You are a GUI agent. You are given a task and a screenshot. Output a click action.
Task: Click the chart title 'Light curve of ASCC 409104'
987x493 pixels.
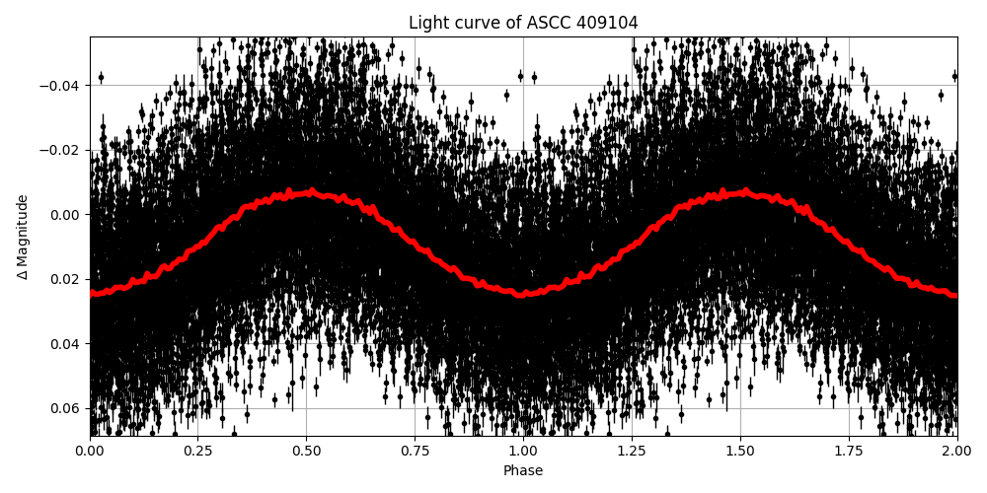pos(523,23)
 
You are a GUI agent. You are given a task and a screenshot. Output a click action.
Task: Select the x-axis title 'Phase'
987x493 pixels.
pos(523,471)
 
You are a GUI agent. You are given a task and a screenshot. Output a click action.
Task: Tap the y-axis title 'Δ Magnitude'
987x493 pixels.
pos(23,237)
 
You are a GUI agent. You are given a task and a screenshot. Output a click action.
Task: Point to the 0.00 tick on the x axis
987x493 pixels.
pos(90,452)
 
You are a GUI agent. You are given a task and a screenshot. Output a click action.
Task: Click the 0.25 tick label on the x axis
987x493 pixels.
pos(198,452)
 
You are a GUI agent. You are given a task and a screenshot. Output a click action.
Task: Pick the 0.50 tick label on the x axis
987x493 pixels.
pos(307,452)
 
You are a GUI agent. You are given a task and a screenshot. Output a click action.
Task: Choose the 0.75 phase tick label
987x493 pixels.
pos(415,452)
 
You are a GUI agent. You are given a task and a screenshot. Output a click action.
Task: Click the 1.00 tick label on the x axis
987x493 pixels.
pos(523,452)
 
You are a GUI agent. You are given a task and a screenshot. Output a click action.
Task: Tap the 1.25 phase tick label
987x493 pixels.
pos(632,452)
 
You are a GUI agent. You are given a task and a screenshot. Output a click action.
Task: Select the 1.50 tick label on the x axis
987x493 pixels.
pos(740,452)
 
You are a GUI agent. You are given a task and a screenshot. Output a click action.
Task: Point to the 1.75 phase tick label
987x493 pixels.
pos(849,452)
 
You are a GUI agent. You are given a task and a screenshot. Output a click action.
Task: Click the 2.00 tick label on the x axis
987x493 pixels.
pos(956,452)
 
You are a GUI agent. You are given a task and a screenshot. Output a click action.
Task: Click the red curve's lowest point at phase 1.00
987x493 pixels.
pos(523,294)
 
